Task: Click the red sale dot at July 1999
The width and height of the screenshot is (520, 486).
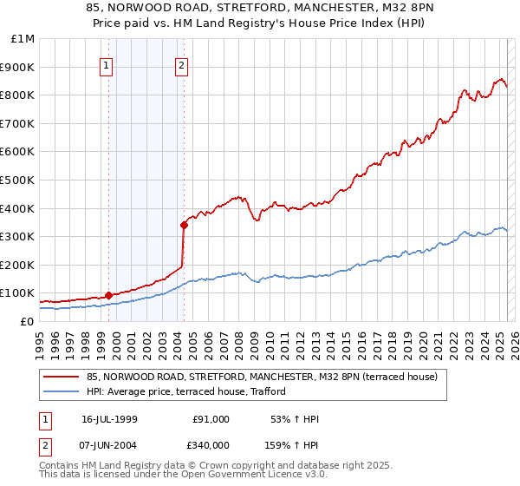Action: point(108,295)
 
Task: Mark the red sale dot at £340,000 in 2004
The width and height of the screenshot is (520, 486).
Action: point(184,225)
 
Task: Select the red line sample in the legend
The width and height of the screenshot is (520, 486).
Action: point(61,378)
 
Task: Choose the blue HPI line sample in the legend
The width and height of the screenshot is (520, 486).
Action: point(61,392)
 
